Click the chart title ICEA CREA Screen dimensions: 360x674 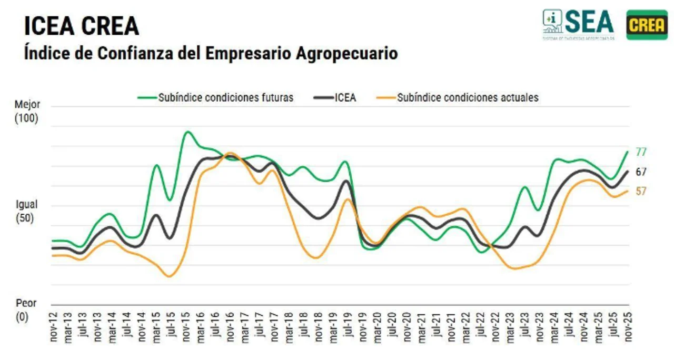click(x=82, y=25)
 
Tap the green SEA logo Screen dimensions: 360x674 click(x=578, y=24)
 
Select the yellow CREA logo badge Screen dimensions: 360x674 click(x=647, y=25)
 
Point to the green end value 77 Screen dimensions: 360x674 click(x=641, y=152)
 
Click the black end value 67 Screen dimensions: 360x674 click(x=641, y=172)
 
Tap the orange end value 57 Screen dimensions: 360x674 click(x=641, y=192)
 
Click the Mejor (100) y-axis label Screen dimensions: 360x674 click(x=26, y=112)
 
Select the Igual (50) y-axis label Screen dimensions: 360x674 click(x=26, y=211)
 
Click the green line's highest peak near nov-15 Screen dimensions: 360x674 click(x=187, y=132)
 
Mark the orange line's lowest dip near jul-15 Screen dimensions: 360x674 click(x=168, y=276)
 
